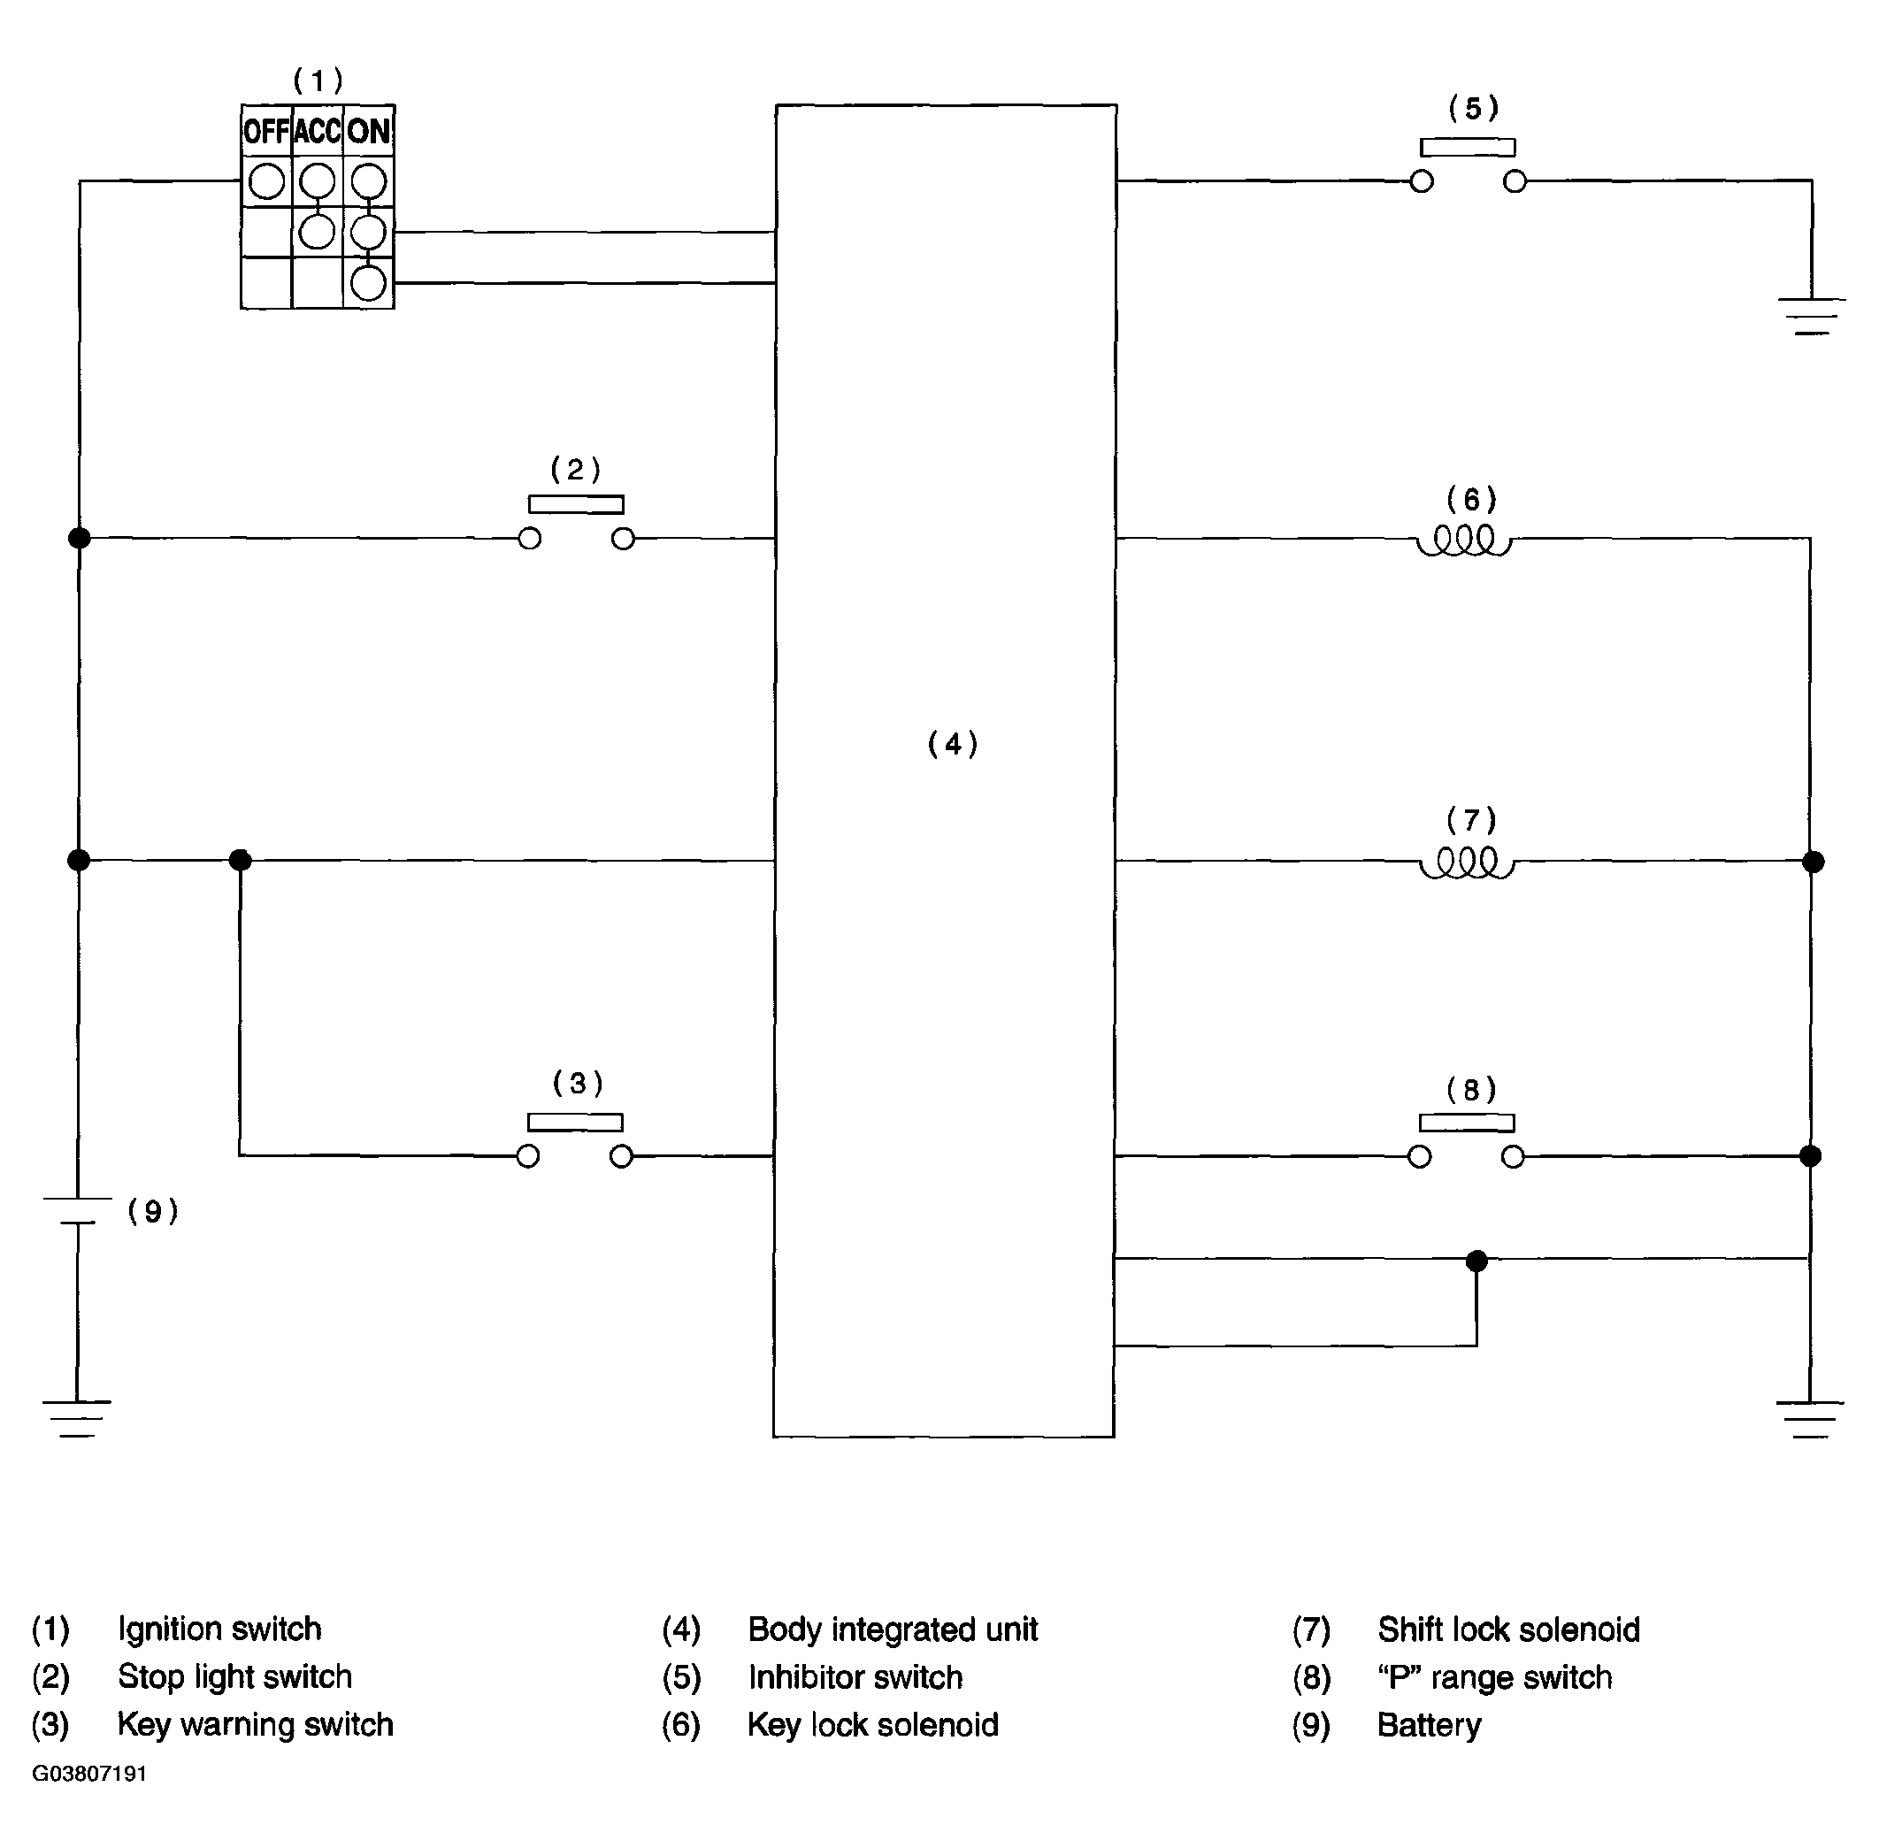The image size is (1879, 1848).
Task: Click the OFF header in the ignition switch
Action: point(266,131)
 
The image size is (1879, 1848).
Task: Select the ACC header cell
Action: point(318,131)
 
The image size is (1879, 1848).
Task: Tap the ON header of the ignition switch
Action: point(369,131)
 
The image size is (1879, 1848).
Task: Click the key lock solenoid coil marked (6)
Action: point(1465,541)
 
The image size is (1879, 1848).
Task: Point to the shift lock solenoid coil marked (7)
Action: point(1467,863)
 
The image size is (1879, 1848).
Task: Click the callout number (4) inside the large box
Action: point(952,745)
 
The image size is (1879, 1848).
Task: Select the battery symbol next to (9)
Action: point(78,1210)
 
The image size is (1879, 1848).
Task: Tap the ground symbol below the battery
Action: point(77,1417)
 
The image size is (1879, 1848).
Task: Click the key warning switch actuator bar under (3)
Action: point(574,1122)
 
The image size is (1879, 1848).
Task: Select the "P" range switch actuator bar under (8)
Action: point(1467,1123)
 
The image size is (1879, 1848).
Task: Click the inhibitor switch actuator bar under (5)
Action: point(1468,148)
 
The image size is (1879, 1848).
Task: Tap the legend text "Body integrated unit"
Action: point(893,1629)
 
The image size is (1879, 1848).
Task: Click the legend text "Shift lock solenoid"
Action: point(1508,1629)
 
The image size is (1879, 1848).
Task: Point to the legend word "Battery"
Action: point(1429,1725)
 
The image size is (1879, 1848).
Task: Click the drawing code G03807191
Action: point(89,1774)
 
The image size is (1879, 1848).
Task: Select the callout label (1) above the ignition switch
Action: point(318,80)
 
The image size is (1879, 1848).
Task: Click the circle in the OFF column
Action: point(266,181)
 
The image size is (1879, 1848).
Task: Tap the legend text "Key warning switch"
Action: point(256,1725)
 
